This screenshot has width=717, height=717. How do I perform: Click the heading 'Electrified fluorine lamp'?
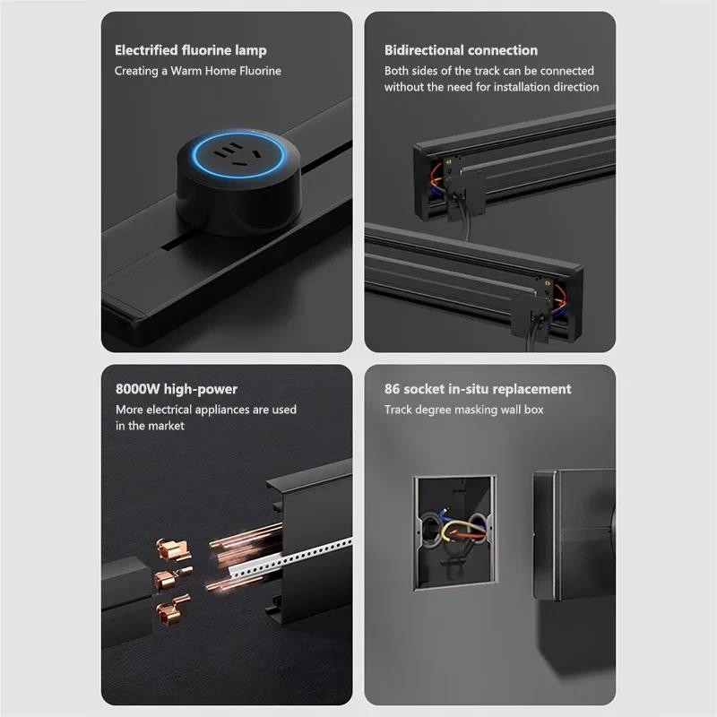pos(190,50)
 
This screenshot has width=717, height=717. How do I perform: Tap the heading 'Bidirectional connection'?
pos(461,50)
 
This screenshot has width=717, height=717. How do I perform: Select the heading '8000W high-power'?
pos(176,389)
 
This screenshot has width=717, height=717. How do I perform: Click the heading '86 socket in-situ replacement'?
pos(478,389)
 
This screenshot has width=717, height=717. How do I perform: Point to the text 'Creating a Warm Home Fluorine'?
pos(197,71)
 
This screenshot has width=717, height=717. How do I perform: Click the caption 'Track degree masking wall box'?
pos(463,410)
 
